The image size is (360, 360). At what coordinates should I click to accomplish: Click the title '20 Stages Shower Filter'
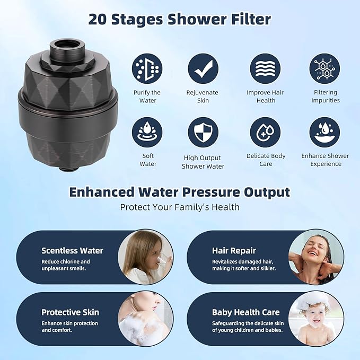180,20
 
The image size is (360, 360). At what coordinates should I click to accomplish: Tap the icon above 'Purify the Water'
147,68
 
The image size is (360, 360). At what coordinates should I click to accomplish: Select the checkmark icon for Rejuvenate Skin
203,68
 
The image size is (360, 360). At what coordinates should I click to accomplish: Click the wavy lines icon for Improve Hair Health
266,68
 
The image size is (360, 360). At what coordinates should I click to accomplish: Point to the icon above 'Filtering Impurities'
325,68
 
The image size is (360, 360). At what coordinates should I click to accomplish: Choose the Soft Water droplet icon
147,133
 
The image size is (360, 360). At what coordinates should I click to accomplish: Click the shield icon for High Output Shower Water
203,133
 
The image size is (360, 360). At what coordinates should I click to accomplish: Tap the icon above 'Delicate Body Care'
266,133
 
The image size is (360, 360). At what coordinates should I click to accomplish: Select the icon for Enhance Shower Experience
325,133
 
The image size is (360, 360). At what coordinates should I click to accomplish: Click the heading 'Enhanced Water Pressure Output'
180,192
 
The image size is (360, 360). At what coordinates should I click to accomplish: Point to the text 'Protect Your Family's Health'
180,207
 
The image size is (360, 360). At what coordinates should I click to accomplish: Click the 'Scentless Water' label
72,251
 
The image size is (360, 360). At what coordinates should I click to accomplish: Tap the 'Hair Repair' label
234,251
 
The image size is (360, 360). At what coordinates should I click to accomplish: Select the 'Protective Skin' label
70,312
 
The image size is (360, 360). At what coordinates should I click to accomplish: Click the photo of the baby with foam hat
316,319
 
